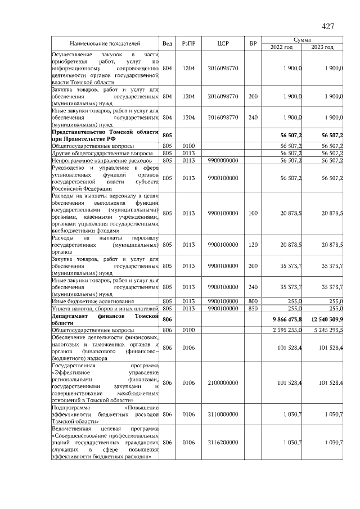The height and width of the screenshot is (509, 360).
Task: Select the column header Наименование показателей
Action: (x=105, y=43)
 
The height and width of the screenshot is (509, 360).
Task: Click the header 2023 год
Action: (x=323, y=47)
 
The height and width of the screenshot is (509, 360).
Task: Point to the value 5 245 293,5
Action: (x=326, y=330)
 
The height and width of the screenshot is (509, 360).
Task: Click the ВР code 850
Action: (x=253, y=308)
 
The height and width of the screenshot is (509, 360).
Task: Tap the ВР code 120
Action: (x=253, y=245)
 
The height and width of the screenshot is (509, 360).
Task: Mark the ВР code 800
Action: (x=253, y=301)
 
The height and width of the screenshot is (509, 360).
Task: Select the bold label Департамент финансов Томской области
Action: (x=105, y=319)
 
